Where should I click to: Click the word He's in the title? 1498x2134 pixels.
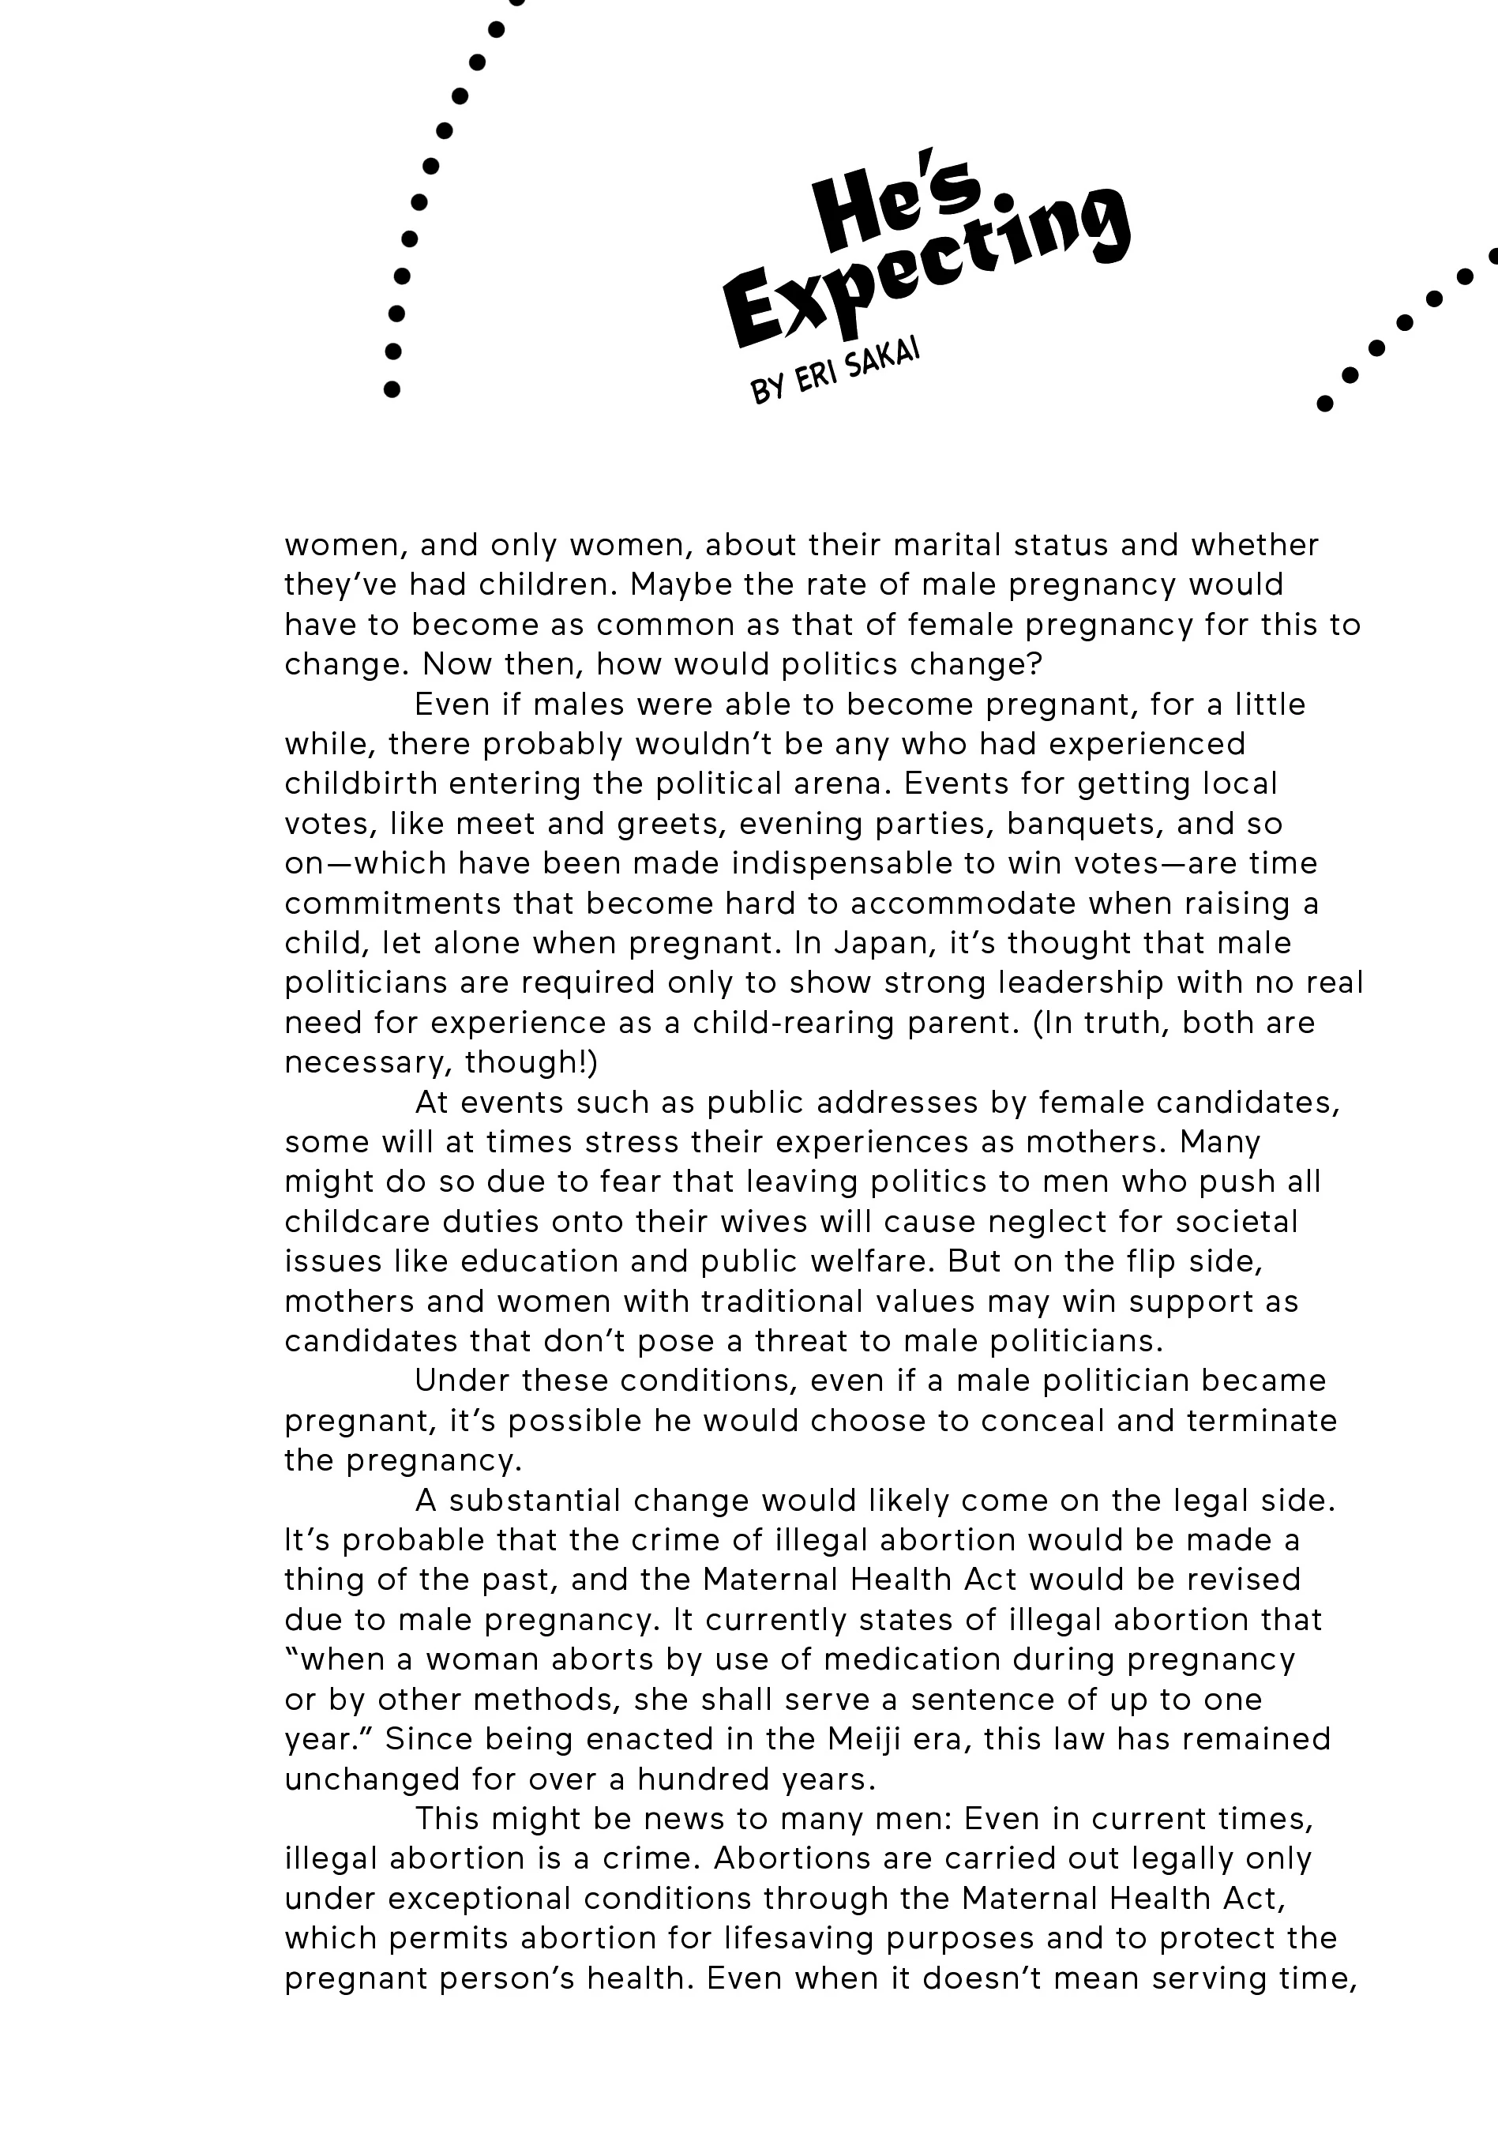[897, 205]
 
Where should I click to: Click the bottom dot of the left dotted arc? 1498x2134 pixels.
[391, 389]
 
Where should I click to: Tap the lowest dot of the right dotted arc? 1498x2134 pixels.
[1325, 404]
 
